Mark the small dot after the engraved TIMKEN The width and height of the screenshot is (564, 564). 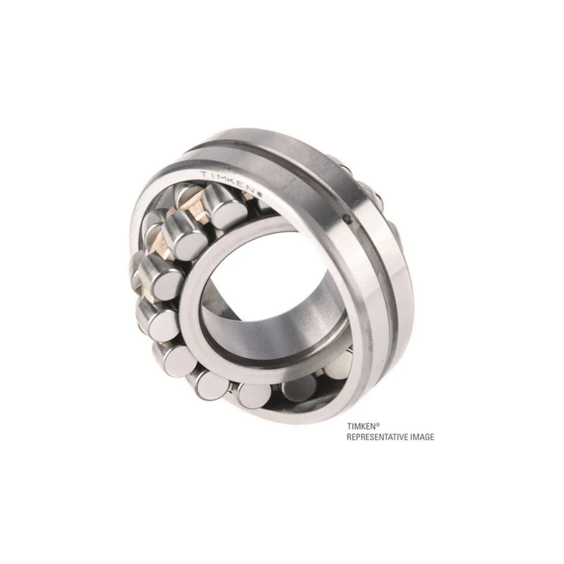tap(260, 194)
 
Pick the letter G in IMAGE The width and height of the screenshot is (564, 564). tap(426, 437)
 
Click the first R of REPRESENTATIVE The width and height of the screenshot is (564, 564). tap(349, 437)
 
